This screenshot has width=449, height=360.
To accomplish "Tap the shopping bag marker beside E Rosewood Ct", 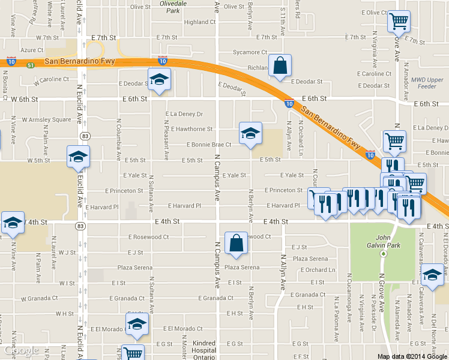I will pyautogui.click(x=236, y=243).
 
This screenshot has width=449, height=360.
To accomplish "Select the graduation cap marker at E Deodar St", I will pyautogui.click(x=160, y=79).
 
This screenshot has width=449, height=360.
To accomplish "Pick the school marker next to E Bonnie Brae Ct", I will pyautogui.click(x=250, y=133).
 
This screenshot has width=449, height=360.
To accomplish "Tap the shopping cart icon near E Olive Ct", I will pyautogui.click(x=399, y=22).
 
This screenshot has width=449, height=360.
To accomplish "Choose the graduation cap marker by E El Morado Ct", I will pyautogui.click(x=137, y=325).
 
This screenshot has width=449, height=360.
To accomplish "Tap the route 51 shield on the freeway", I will pyautogui.click(x=29, y=66).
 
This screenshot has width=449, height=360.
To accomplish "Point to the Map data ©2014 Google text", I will pyautogui.click(x=412, y=356).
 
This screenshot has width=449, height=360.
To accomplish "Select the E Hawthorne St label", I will pyautogui.click(x=191, y=129).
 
